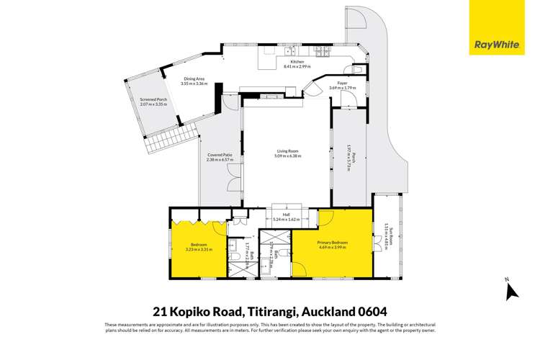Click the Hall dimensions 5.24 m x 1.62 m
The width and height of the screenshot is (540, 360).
tap(286, 218)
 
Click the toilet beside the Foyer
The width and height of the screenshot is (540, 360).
tap(314, 89)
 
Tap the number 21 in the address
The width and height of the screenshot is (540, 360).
tap(162, 312)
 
